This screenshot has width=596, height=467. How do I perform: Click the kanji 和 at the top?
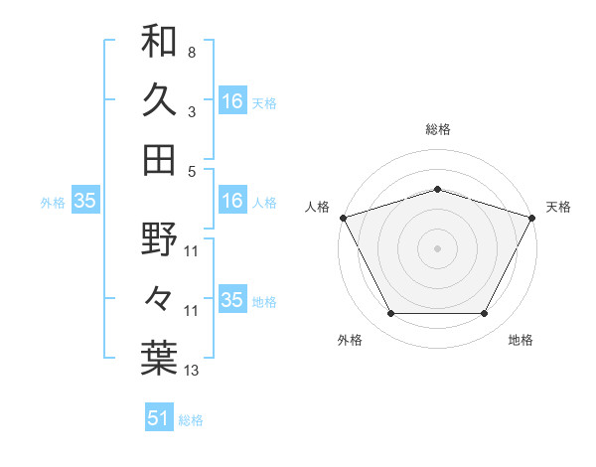159,42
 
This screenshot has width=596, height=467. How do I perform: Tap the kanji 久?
159,100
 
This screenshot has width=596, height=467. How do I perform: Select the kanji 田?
159,159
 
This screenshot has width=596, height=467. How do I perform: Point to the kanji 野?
159,239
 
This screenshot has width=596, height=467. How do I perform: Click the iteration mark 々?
159,299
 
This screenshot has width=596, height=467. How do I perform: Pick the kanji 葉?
159,358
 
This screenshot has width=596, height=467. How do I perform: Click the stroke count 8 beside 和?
191,52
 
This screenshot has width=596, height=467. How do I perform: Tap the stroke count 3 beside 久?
191,112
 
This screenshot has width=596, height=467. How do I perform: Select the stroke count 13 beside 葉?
192,371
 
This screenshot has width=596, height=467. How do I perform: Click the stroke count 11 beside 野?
192,251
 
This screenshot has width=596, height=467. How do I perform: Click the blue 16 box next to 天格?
232,101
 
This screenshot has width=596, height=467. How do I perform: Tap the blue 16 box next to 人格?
232,201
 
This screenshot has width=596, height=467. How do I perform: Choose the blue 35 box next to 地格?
232,300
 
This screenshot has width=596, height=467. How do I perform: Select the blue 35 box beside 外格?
85,201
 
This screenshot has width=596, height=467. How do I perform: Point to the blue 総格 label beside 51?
191,420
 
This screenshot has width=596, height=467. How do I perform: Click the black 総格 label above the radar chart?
437,129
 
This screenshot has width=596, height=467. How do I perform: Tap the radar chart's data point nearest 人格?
344,218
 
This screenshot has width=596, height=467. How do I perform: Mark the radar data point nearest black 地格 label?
485,314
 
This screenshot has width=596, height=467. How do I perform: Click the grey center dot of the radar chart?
437,247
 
